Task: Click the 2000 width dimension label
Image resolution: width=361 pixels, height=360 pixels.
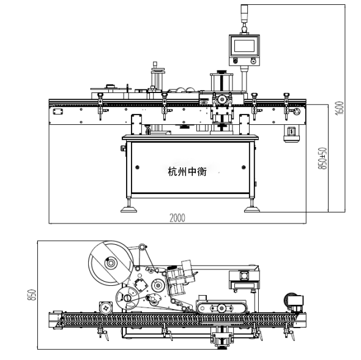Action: [177, 218]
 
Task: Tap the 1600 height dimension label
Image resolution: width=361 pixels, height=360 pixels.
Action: [340, 108]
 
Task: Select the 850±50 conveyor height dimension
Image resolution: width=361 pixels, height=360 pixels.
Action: [322, 159]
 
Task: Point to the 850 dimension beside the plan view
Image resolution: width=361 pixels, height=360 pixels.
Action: [32, 295]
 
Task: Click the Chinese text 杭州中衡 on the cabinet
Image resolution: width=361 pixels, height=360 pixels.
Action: [187, 171]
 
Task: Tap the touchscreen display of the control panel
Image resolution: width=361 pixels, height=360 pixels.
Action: [244, 46]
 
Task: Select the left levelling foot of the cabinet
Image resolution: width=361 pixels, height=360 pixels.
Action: [128, 206]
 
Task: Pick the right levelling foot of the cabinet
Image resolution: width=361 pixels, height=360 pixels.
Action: [252, 206]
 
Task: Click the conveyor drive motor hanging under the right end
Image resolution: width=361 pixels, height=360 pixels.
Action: [291, 134]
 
